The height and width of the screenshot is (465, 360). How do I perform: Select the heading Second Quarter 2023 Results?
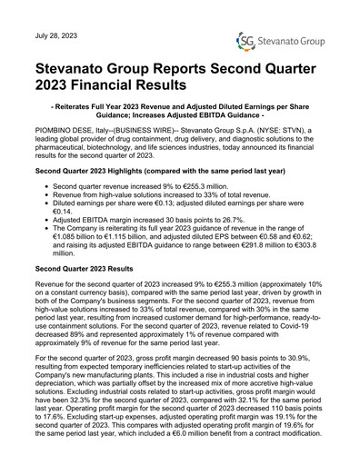(102, 269)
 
